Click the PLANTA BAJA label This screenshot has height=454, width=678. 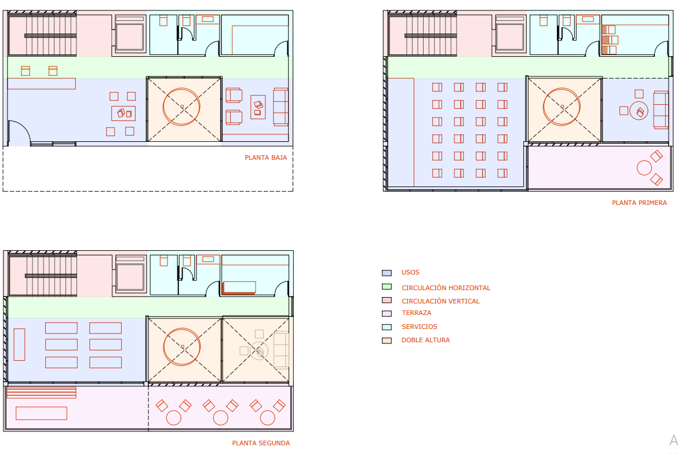coord(266,158)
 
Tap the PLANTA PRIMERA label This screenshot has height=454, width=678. coord(639,203)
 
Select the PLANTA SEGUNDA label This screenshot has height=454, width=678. coord(261,443)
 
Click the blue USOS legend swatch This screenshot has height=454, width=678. coord(387,273)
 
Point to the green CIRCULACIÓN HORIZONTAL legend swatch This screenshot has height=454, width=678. coord(387,287)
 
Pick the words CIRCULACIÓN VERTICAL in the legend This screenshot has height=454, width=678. coord(440,301)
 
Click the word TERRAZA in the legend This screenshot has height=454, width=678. coord(417,313)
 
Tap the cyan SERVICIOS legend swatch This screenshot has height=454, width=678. coord(387,327)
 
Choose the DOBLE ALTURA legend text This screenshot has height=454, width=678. coord(425,340)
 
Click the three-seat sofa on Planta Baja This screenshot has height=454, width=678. coord(280,107)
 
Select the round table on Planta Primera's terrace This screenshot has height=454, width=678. coord(644,167)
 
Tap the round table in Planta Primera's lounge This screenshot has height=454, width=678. coord(639,111)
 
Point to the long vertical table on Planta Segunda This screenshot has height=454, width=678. coord(19,345)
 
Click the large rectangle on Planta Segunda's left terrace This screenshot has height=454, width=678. coord(42,413)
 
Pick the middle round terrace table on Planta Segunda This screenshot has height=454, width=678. coord(221,418)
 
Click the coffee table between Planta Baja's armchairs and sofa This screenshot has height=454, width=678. coord(258,107)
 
